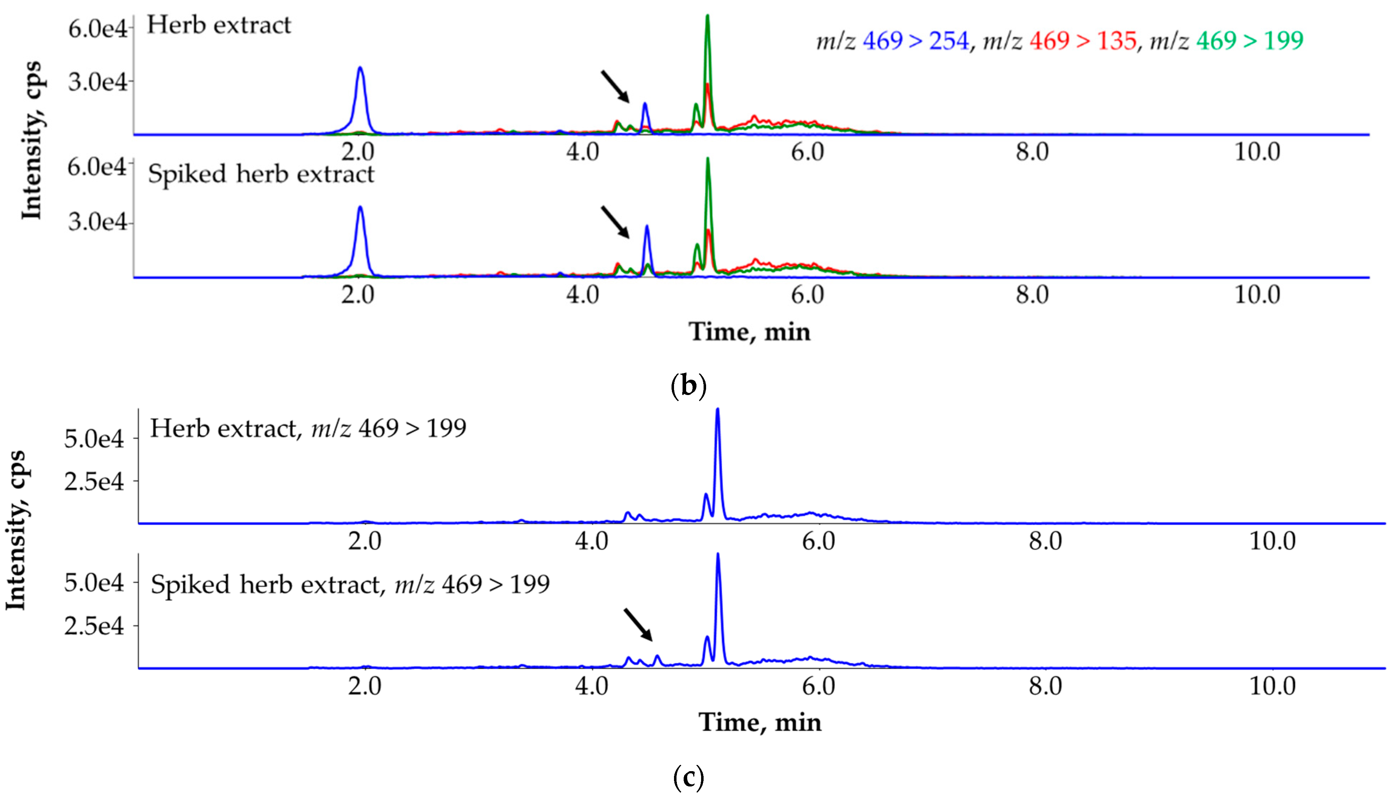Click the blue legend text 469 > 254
click(x=915, y=41)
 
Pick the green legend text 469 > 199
click(x=1249, y=41)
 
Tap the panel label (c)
click(x=688, y=776)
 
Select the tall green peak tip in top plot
click(x=708, y=16)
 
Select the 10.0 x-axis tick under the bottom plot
click(x=1272, y=686)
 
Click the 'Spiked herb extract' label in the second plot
click(x=261, y=174)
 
